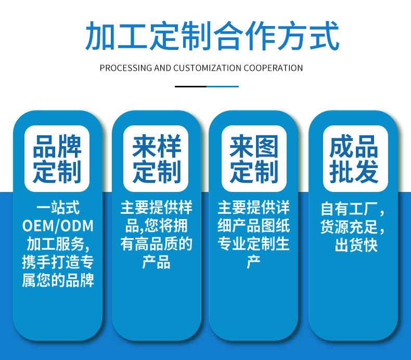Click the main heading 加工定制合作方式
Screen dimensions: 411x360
click(205, 36)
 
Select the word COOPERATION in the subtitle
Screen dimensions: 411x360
click(274, 68)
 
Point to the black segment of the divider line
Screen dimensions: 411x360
click(190, 86)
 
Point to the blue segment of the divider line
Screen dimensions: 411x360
click(223, 86)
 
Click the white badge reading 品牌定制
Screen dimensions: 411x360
click(57, 159)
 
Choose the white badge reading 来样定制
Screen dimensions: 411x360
click(156, 159)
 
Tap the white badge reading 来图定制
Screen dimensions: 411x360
click(254, 159)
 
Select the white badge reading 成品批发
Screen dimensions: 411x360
click(353, 159)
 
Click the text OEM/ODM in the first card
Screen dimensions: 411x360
click(58, 226)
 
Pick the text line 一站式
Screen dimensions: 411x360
click(58, 208)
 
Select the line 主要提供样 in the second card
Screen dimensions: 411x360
click(156, 208)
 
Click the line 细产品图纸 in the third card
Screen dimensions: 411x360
click(254, 226)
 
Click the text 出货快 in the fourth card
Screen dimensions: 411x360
click(355, 245)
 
